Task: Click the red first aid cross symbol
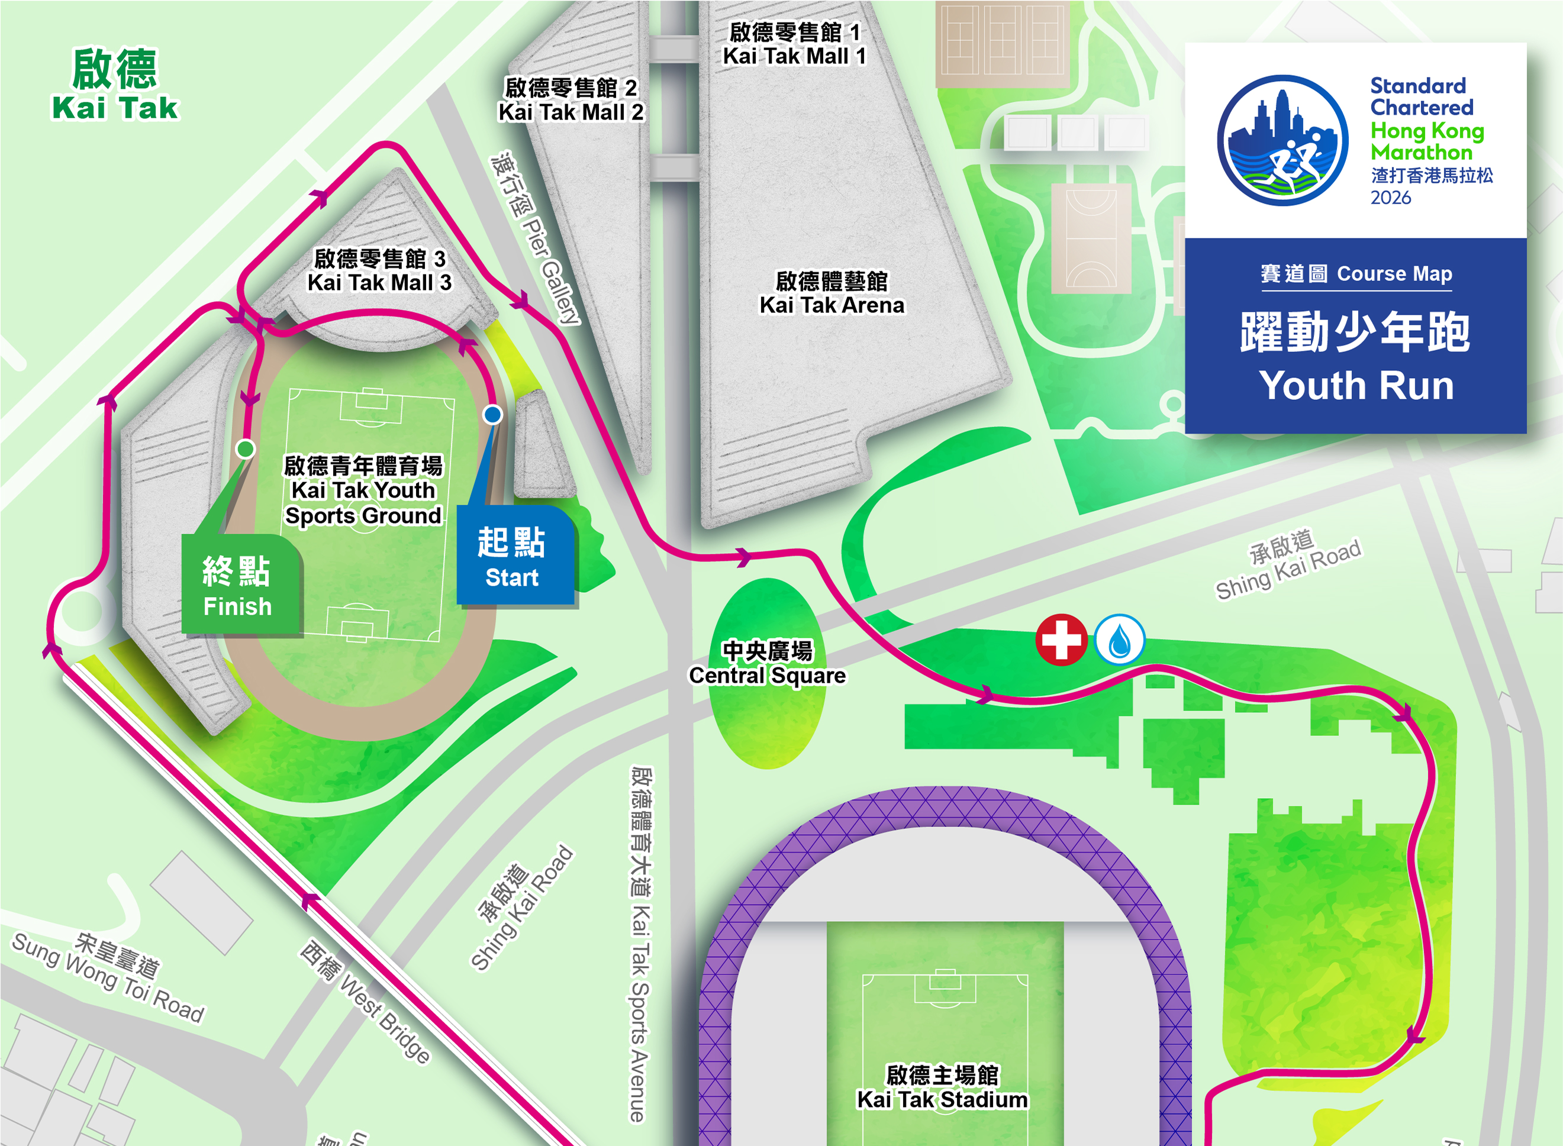1061,639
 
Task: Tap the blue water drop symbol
1119,639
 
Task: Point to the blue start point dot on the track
492,414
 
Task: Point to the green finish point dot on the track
246,449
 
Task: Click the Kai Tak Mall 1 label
794,44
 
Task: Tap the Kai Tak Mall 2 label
571,100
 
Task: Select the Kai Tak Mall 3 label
379,270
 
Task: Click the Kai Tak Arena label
832,293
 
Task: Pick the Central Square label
767,663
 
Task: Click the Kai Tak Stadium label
942,1088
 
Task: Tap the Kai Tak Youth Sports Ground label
363,490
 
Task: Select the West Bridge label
366,1002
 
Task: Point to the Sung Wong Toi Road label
109,977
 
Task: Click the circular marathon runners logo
1282,140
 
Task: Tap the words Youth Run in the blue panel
1356,385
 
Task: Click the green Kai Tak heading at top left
115,85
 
